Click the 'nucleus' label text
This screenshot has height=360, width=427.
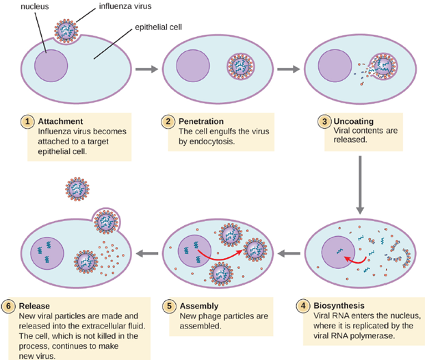click(x=35, y=6)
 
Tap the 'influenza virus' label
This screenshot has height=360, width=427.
click(x=125, y=6)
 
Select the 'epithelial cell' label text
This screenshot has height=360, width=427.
click(x=158, y=27)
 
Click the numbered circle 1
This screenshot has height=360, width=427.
click(x=27, y=121)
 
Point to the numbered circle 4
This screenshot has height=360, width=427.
click(x=303, y=305)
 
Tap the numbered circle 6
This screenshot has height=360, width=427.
click(x=8, y=306)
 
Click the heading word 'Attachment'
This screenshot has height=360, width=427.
click(x=60, y=121)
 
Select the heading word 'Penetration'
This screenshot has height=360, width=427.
click(x=201, y=121)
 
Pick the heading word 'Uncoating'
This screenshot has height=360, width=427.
click(x=354, y=121)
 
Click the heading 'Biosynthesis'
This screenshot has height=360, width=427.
click(x=339, y=305)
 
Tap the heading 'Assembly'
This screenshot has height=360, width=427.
click(x=199, y=306)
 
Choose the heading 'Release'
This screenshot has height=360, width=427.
click(x=34, y=306)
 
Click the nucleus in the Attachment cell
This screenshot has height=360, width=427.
click(x=51, y=66)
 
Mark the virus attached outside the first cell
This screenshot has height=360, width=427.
click(x=66, y=31)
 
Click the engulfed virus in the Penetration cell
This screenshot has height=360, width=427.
click(x=240, y=66)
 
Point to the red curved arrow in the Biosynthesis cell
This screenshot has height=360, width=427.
click(x=355, y=261)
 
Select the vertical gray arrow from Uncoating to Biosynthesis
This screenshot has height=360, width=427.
click(x=360, y=185)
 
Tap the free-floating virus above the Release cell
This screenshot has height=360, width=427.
click(x=77, y=189)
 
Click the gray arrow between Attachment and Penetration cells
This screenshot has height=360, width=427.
click(x=146, y=69)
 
